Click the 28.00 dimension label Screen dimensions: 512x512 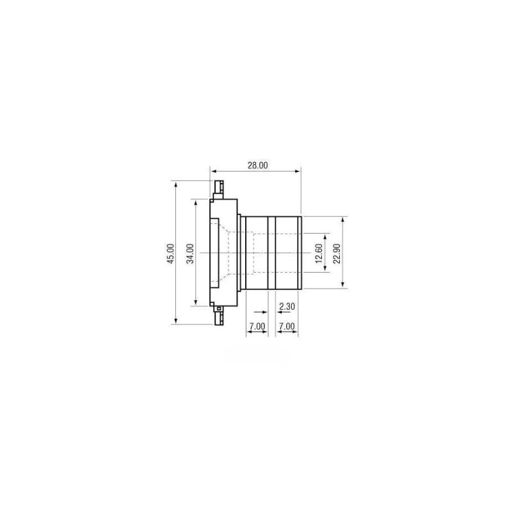tap(257, 165)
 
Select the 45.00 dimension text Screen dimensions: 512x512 tap(170, 253)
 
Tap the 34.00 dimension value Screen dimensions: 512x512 tap(190, 253)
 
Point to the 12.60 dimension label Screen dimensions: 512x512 tap(319, 253)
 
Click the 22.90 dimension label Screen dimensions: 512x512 tap(337, 253)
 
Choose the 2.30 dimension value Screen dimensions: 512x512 tap(287, 307)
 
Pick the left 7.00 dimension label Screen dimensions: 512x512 tap(257, 326)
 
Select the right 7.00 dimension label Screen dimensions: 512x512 tap(287, 326)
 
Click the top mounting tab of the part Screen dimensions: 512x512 tap(218, 189)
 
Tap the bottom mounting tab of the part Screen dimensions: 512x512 tap(218, 315)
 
